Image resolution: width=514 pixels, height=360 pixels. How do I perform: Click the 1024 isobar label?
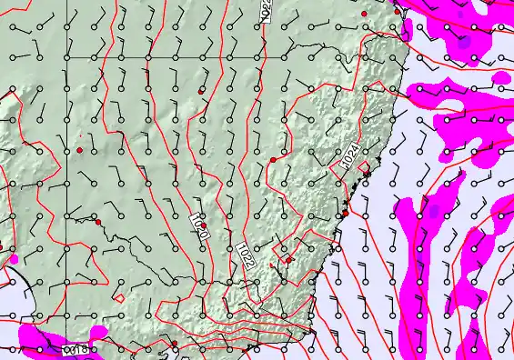pos(353,157)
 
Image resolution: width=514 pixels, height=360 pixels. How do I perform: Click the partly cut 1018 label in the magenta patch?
pos(77,349)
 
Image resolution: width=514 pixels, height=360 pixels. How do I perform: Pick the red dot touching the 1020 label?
pos(204,225)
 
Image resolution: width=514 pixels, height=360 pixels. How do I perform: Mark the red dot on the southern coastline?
pos(174,344)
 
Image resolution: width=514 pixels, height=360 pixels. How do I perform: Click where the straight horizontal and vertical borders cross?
pos(65,58)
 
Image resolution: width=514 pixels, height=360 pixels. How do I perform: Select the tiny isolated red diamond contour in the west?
pos(119,297)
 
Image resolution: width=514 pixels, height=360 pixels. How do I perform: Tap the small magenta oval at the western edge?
pos(14,259)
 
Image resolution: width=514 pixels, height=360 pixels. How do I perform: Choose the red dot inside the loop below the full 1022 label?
pos(289,260)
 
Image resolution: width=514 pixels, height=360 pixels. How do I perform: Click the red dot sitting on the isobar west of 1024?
pos(273,160)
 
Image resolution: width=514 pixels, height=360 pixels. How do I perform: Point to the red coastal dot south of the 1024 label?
pos(345,214)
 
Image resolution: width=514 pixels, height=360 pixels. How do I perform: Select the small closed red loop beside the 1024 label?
pos(367,168)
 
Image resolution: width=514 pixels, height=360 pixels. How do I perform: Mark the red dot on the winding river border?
pos(97,222)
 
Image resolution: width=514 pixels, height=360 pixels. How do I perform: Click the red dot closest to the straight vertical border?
pos(79,149)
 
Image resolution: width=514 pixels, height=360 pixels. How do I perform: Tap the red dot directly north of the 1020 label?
pos(201,91)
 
